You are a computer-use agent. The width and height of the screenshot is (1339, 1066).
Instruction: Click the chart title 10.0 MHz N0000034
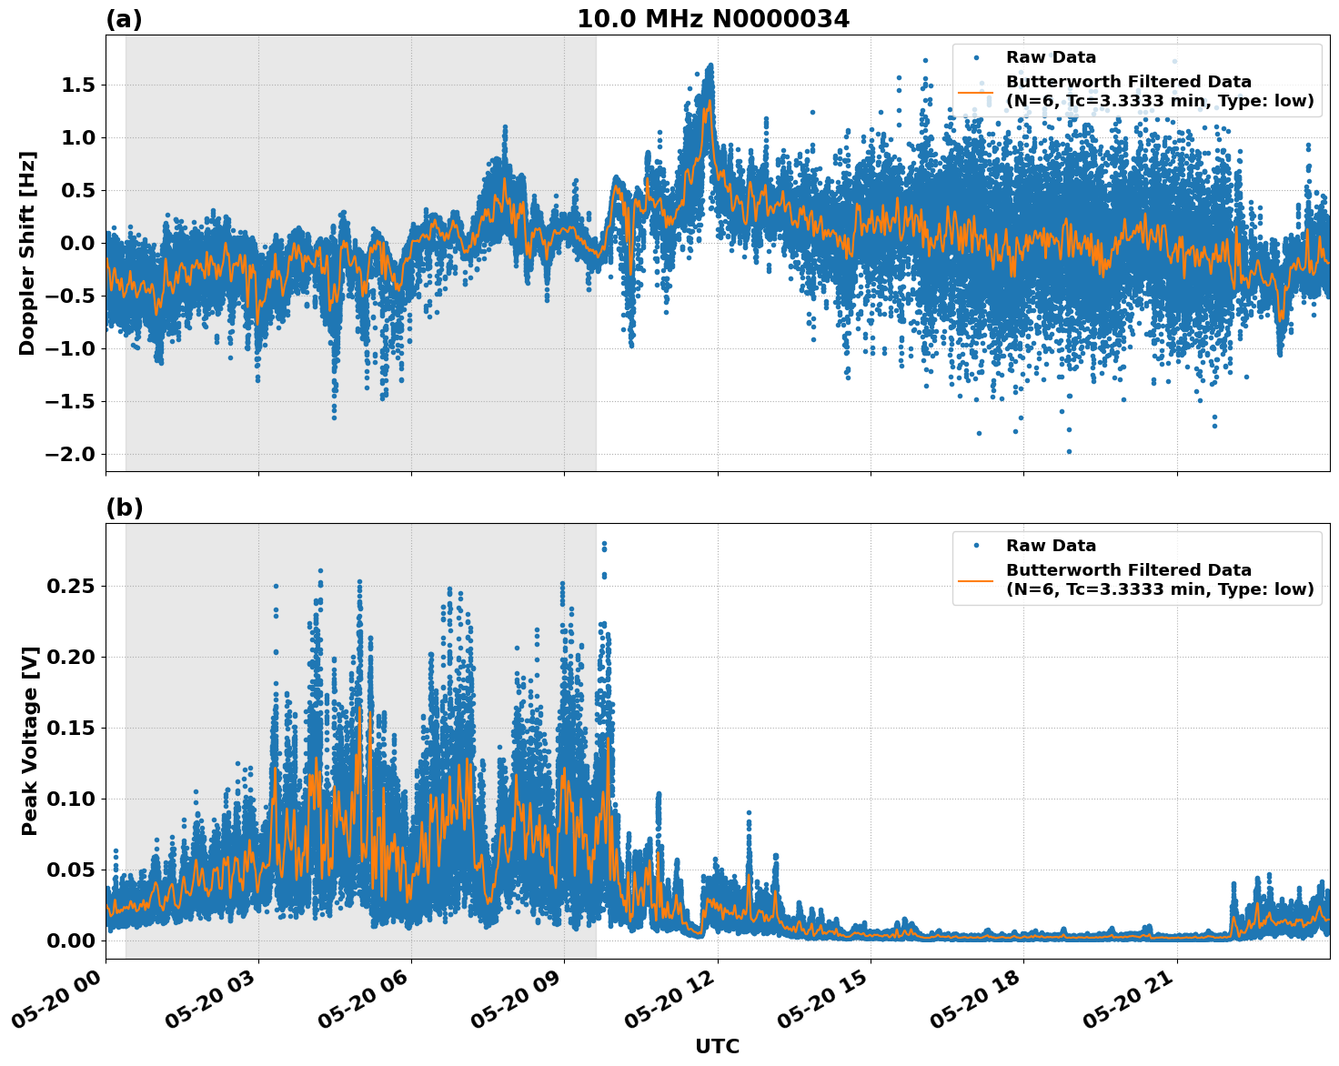click(x=713, y=19)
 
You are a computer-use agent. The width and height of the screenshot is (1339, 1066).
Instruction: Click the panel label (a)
click(x=124, y=19)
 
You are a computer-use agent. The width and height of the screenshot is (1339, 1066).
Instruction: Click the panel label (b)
click(x=124, y=508)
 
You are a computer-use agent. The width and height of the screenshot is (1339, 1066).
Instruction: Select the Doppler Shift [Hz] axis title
click(x=27, y=253)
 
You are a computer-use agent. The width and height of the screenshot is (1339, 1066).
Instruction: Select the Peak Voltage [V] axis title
click(x=30, y=741)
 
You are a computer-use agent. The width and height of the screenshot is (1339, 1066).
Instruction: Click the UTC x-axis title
click(x=717, y=1046)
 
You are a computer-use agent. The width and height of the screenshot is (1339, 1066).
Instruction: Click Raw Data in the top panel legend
click(x=1051, y=57)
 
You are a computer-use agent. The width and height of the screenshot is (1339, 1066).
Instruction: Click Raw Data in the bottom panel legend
click(x=1051, y=546)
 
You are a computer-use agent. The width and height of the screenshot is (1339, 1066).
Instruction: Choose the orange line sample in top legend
click(x=975, y=91)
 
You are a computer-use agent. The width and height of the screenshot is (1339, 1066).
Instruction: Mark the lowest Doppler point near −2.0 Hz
click(x=1069, y=451)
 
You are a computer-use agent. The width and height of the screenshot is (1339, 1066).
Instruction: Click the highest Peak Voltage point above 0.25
click(x=604, y=544)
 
